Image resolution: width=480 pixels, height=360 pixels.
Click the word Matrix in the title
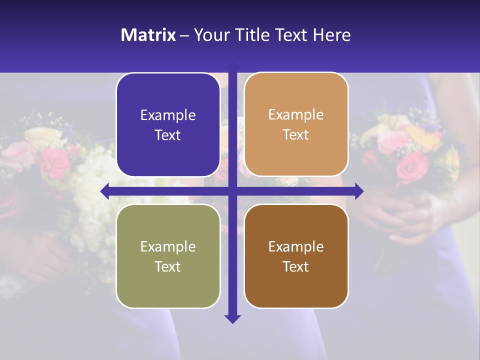tap(148, 35)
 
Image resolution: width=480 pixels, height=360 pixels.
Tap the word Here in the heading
tap(331, 35)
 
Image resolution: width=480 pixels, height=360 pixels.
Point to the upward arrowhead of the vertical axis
tap(232, 66)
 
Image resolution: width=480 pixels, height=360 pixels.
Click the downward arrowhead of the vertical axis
tap(232, 318)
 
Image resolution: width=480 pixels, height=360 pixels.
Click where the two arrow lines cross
tap(232, 191)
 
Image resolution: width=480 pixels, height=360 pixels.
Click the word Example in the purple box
tap(168, 115)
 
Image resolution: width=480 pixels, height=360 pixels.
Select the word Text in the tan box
tap(296, 135)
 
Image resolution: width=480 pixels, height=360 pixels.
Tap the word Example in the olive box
tap(168, 246)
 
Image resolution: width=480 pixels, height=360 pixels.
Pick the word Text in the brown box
tap(296, 266)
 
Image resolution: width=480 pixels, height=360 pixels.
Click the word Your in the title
tap(209, 35)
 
